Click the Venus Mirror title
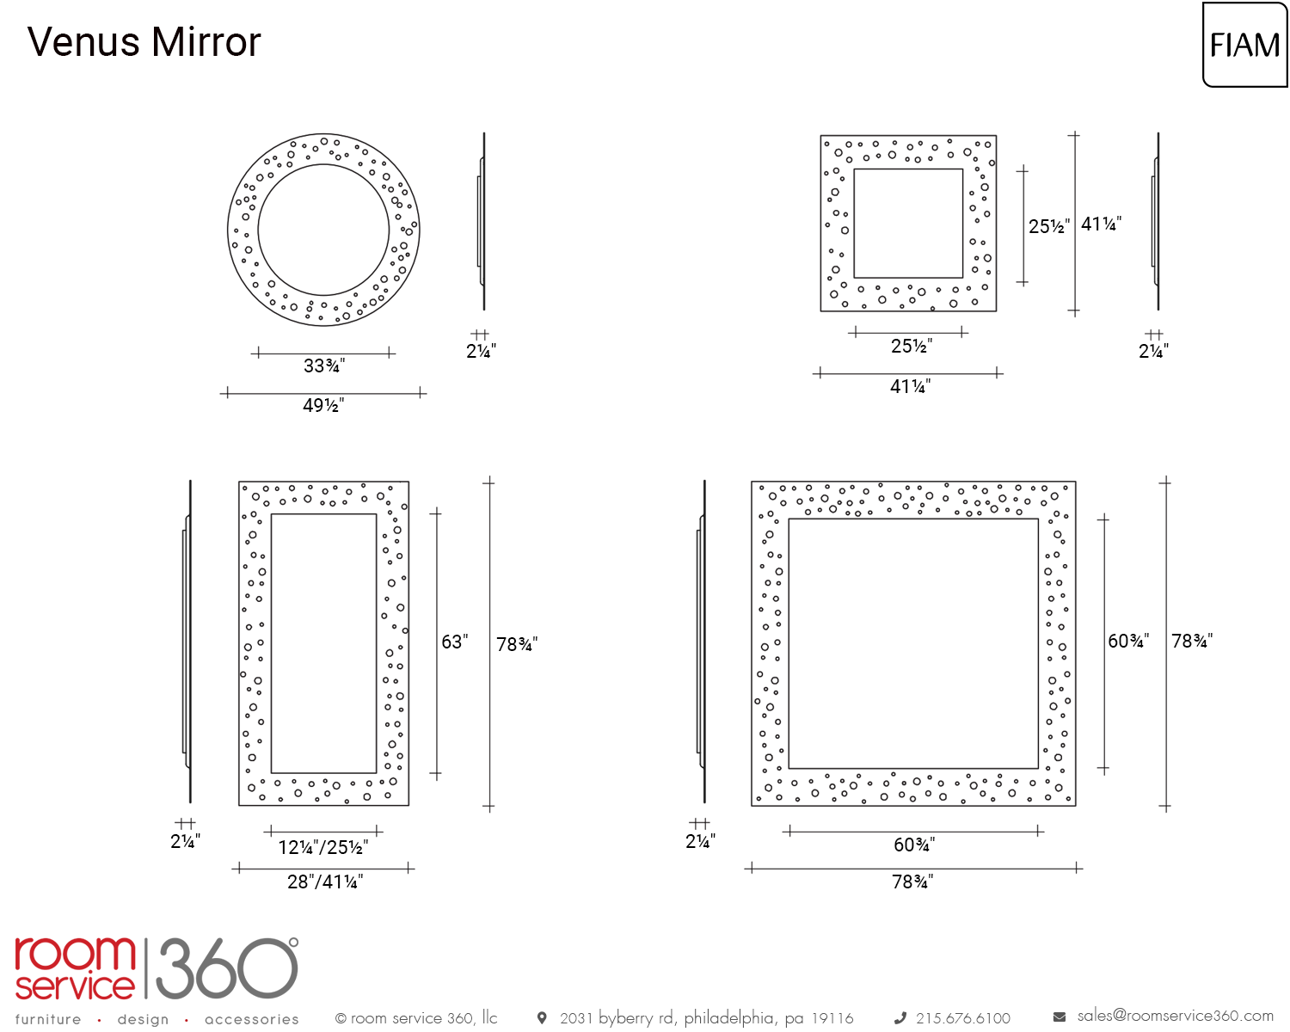[144, 42]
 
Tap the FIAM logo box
[1244, 45]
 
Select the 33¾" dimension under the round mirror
[323, 365]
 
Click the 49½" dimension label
[323, 405]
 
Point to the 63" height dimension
[454, 642]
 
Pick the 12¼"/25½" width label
[323, 847]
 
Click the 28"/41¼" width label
[325, 881]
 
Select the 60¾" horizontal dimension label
[914, 845]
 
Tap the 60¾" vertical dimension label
[1128, 641]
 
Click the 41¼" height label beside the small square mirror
[1101, 224]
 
